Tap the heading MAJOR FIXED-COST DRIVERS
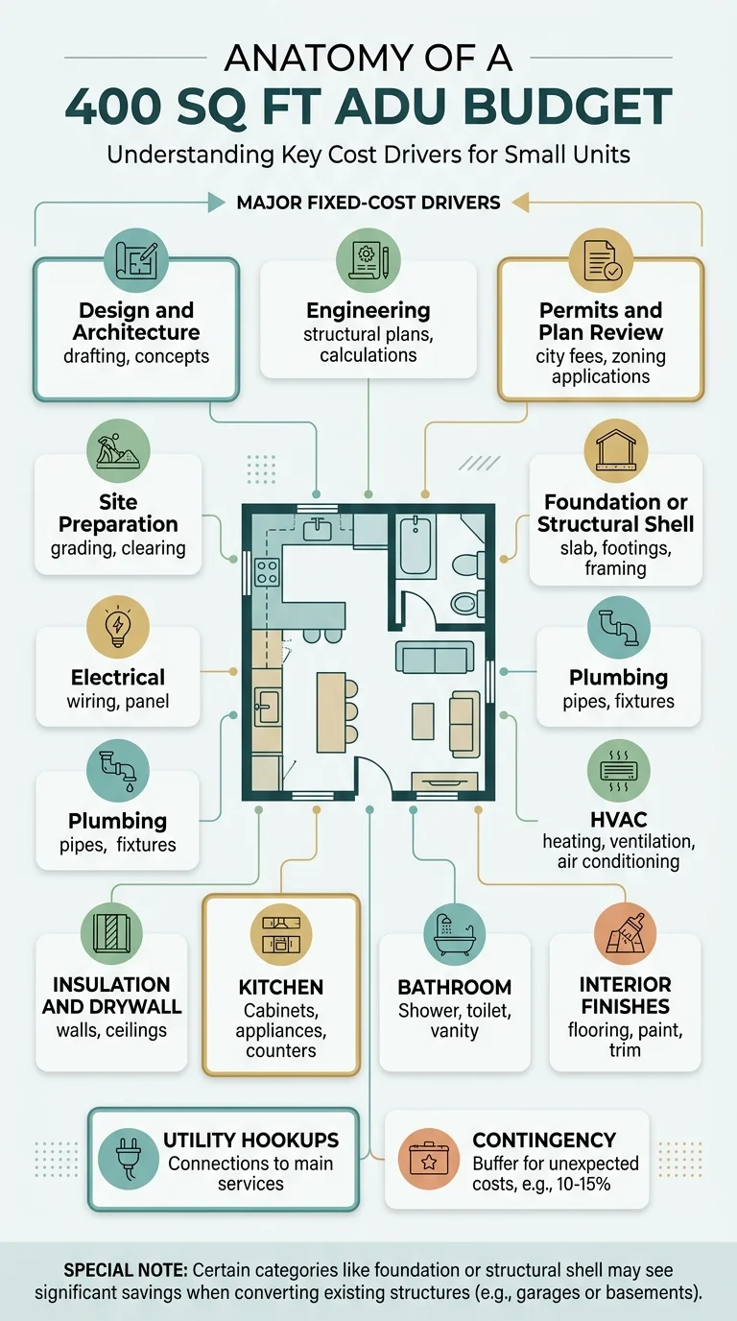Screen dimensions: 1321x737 point(368,204)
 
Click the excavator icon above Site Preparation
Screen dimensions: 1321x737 point(118,450)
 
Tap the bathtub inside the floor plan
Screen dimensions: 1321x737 point(416,544)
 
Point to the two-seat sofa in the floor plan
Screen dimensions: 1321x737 point(435,659)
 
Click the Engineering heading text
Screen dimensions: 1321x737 point(368,310)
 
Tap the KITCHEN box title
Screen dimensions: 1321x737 point(281,987)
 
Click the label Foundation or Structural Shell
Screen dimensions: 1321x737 point(615,513)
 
